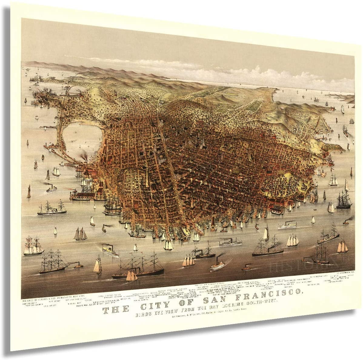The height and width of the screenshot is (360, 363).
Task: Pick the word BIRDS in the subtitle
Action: (x=145, y=313)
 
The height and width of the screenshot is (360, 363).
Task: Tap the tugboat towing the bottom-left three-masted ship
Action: (x=78, y=265)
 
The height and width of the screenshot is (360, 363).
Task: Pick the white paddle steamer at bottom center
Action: (x=217, y=266)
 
